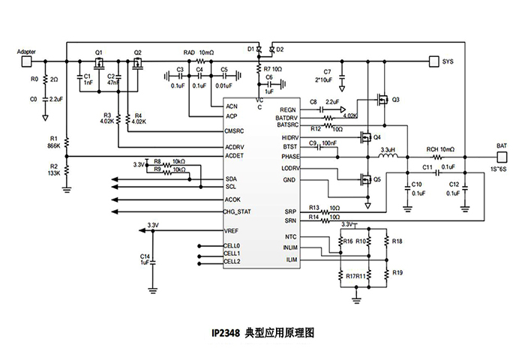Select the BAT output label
click(x=502, y=145)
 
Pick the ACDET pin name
click(x=234, y=156)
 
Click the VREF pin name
click(x=231, y=232)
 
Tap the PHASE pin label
click(x=291, y=157)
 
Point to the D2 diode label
click(x=280, y=49)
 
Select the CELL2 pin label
click(x=232, y=261)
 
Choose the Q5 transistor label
click(x=376, y=180)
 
